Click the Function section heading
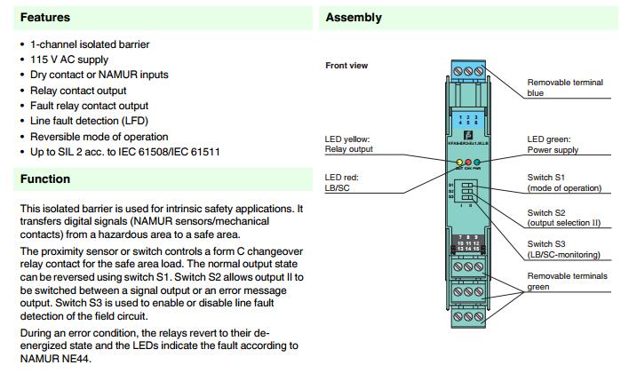pos(44,179)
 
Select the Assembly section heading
pos(354,17)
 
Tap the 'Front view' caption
pos(347,65)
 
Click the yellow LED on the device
pos(453,163)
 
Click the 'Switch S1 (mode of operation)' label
pos(564,183)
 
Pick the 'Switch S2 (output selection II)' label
pos(565,218)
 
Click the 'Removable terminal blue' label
pos(564,87)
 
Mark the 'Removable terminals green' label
pos(567,282)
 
